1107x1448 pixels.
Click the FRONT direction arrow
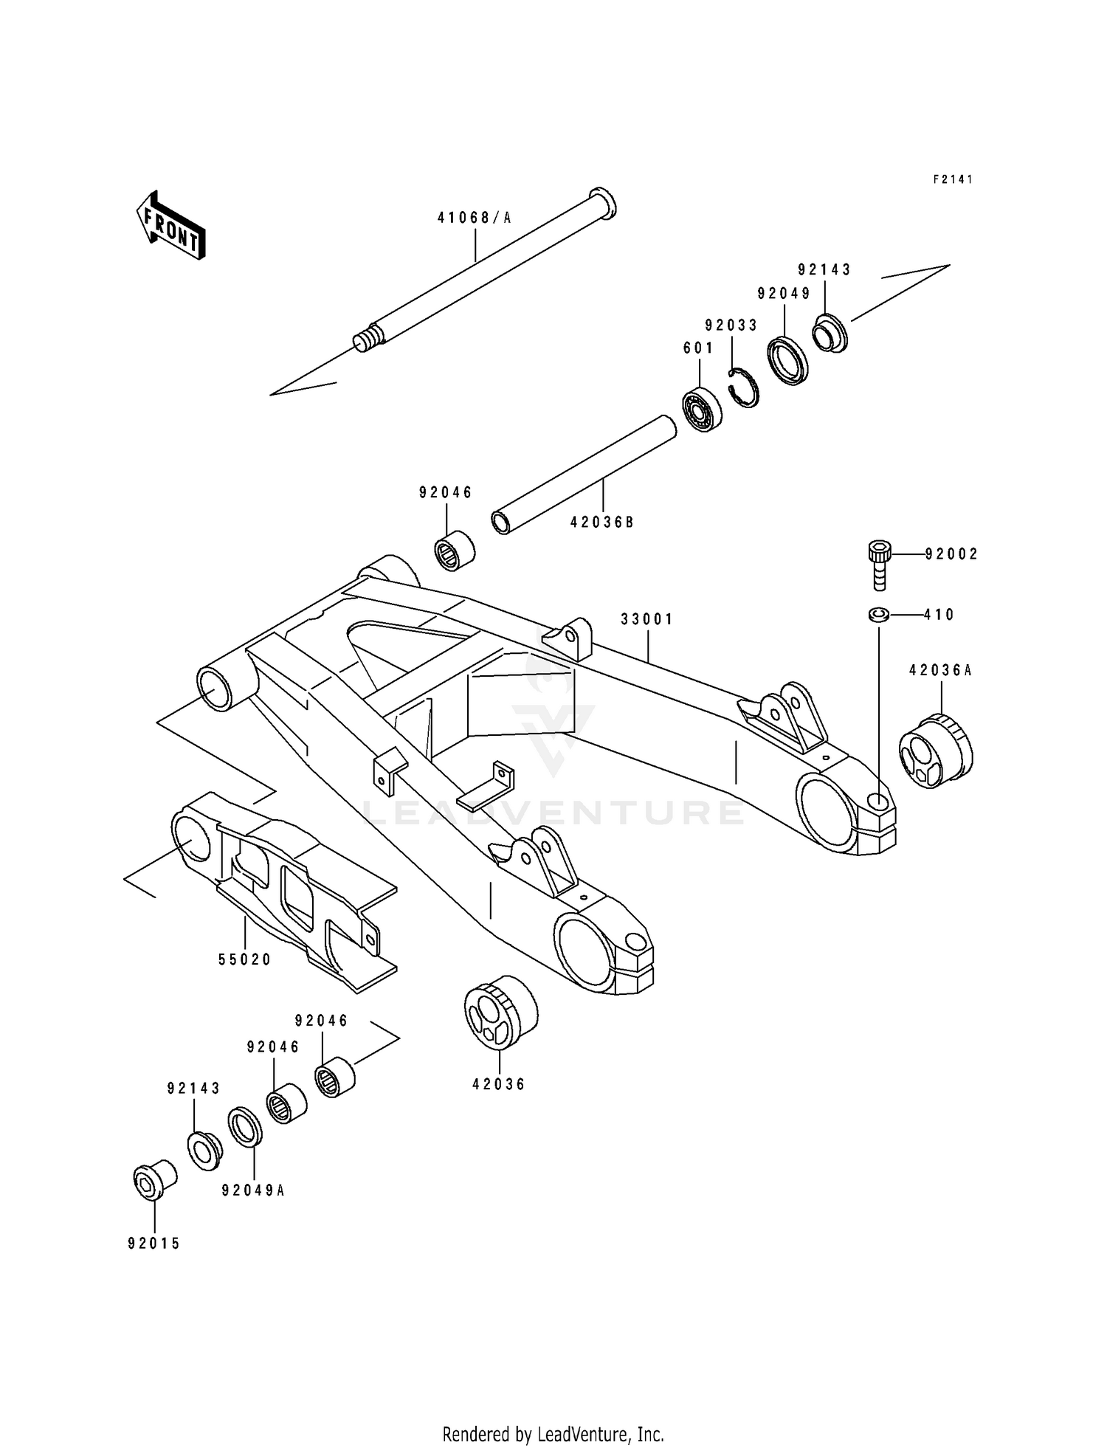coord(170,226)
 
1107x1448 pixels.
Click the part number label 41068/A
coord(474,218)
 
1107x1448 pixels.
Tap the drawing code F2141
coord(953,179)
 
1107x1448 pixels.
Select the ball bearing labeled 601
coord(701,408)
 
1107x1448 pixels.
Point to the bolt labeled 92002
coord(879,565)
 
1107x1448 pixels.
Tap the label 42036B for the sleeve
coord(601,523)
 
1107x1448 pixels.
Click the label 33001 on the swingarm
coord(646,619)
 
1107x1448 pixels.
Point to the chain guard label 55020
coord(245,959)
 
